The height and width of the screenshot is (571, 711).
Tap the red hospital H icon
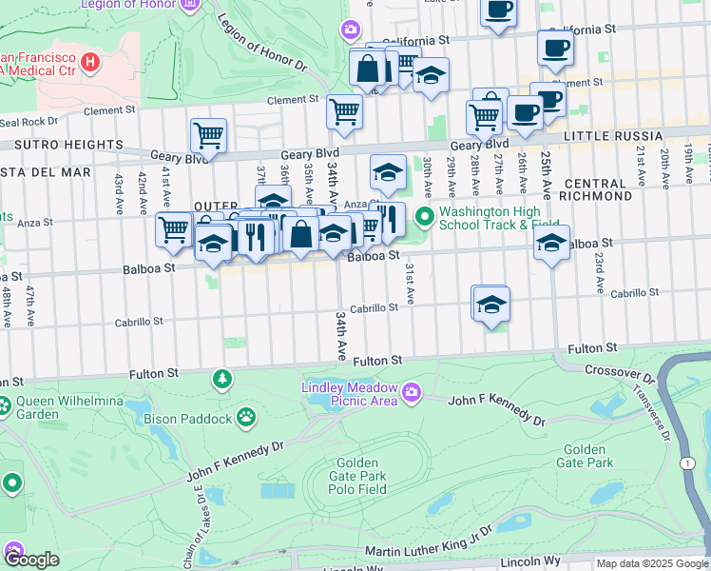pyautogui.click(x=90, y=63)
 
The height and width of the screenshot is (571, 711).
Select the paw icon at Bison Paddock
pyautogui.click(x=246, y=416)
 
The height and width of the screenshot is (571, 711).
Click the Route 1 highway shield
pyautogui.click(x=685, y=462)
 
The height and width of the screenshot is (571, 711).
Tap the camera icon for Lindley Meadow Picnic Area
pyautogui.click(x=411, y=390)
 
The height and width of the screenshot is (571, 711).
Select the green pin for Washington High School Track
pyautogui.click(x=424, y=219)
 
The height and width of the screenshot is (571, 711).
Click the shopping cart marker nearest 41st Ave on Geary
pyautogui.click(x=208, y=135)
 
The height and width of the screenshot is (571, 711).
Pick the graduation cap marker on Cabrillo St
pyautogui.click(x=490, y=305)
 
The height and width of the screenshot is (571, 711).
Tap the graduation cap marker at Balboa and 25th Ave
pyautogui.click(x=551, y=243)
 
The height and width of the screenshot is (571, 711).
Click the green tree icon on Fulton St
pyautogui.click(x=222, y=380)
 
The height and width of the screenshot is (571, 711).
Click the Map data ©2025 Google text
pyautogui.click(x=651, y=563)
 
